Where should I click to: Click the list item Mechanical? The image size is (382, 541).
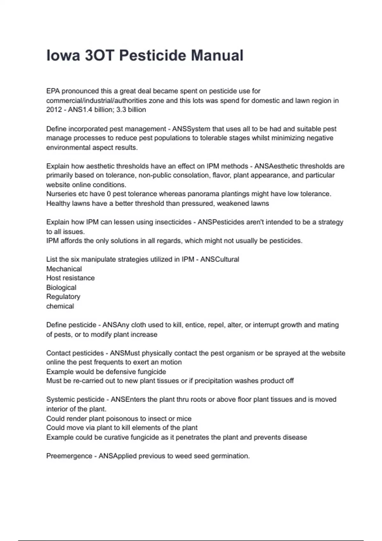(64, 269)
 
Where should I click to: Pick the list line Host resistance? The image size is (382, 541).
(70, 278)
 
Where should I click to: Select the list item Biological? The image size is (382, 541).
(61, 288)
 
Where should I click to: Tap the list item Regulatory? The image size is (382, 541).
(63, 297)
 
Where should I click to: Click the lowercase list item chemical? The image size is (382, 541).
(60, 306)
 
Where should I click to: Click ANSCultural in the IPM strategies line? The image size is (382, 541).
(219, 259)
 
